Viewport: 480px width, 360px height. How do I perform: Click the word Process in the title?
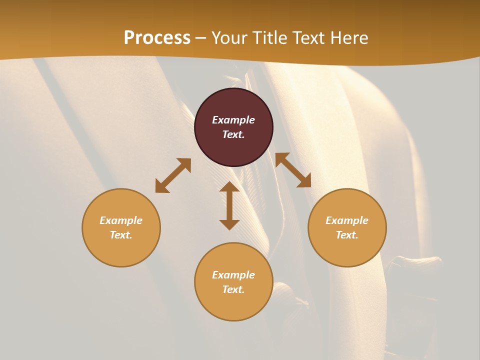[x=157, y=38]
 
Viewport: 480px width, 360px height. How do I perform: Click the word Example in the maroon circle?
[x=233, y=120]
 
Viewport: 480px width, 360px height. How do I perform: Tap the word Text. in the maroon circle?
[x=233, y=134]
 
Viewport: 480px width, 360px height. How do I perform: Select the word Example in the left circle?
[x=121, y=220]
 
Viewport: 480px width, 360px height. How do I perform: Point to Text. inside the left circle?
[x=121, y=235]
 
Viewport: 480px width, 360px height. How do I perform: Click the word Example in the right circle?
[x=347, y=220]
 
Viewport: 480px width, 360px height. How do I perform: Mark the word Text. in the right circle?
[x=347, y=235]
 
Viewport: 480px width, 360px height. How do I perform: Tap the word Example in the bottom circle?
[x=233, y=275]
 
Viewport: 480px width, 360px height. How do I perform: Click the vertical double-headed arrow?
[x=229, y=205]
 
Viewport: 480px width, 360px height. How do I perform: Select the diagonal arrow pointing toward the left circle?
[x=173, y=175]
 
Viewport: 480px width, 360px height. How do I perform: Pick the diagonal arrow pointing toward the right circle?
[x=293, y=170]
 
